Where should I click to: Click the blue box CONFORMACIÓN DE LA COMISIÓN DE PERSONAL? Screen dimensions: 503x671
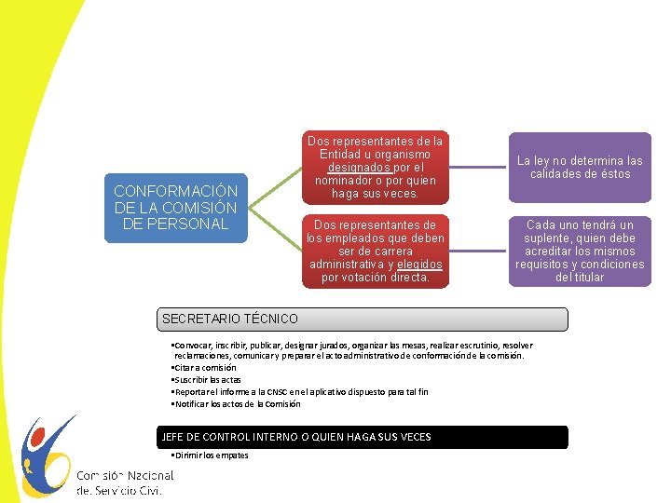(176, 208)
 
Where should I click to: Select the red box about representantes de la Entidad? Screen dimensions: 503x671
(376, 168)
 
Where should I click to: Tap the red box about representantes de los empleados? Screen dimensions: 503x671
(376, 251)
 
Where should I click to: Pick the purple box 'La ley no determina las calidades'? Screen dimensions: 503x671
(580, 168)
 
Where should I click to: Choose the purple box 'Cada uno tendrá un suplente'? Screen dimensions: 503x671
(580, 251)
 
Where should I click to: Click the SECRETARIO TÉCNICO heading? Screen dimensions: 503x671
(230, 319)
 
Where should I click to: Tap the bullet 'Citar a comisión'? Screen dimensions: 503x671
(205, 368)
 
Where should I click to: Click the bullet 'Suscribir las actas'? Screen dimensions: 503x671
(207, 380)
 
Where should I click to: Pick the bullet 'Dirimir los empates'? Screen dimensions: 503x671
(212, 455)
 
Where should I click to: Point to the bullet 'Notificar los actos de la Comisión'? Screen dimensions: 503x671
(237, 404)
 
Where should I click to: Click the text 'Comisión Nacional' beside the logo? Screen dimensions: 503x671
(125, 475)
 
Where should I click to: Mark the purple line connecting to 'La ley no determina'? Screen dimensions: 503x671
(477, 168)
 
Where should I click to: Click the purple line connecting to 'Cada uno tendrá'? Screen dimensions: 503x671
(477, 251)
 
